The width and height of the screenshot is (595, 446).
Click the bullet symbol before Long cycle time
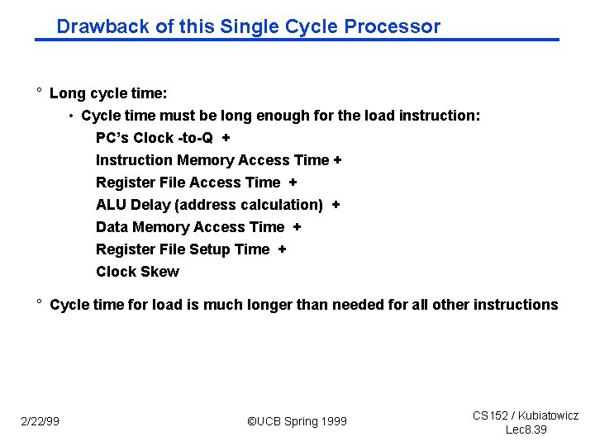pos(39,93)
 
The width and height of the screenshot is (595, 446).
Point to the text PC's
pos(112,138)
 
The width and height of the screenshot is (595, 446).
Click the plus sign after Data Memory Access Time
pos(297,227)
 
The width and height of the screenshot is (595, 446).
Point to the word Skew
pos(160,272)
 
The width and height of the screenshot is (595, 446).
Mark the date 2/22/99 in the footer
pos(40,422)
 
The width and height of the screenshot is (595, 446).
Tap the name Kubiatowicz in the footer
pos(548,415)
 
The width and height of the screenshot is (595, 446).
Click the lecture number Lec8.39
pos(526,429)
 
